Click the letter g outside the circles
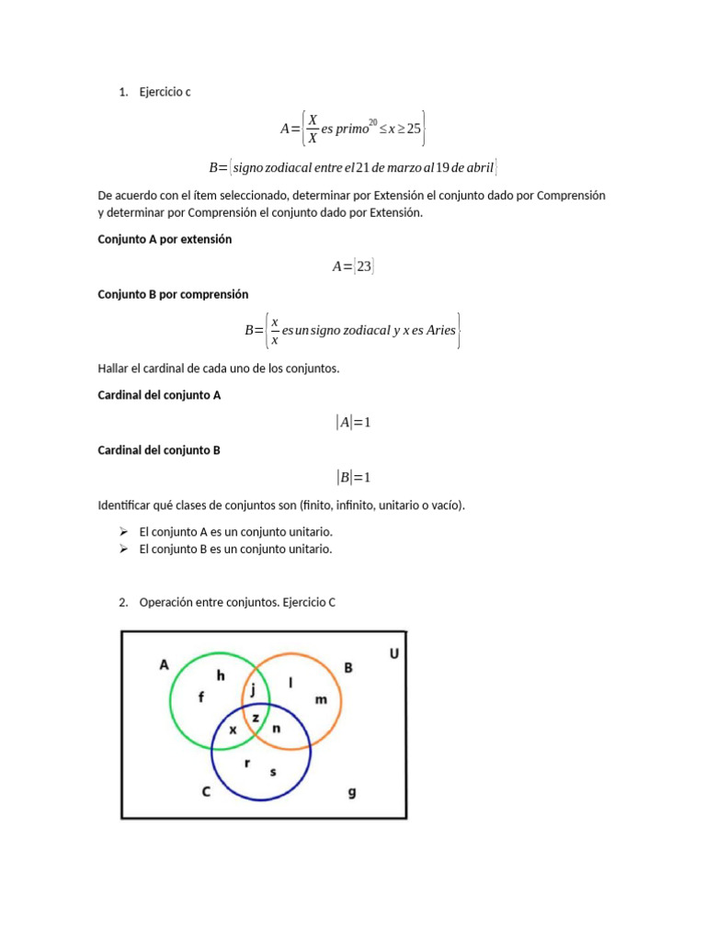pos(352,791)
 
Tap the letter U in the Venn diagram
pos(393,653)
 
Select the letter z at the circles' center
pos(256,716)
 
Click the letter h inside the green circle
pos(221,675)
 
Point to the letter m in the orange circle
pos(321,699)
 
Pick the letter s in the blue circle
pos(272,772)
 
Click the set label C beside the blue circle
pos(207,791)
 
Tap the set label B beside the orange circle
pos(348,668)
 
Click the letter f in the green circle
pos(201,697)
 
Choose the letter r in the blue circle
pos(246,763)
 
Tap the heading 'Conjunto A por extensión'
pos(165,239)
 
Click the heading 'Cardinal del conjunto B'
pos(159,450)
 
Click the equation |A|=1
pos(353,423)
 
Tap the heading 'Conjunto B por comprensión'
pos(173,294)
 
